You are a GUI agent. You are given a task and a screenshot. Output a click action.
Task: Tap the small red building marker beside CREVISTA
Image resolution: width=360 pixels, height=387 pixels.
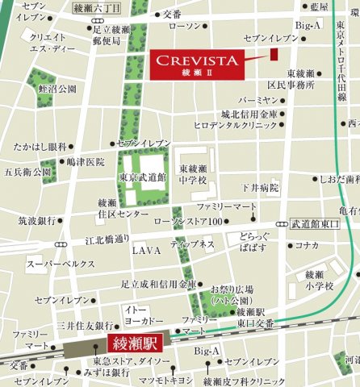point(274,53)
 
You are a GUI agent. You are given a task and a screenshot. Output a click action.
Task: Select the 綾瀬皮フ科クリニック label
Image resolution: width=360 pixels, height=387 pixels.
point(245,380)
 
